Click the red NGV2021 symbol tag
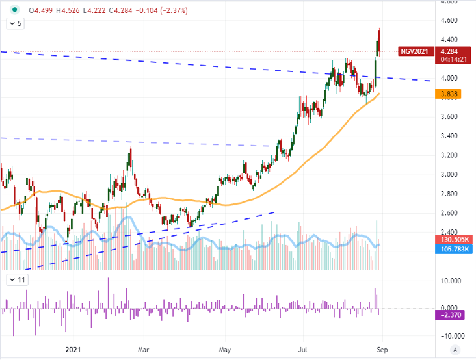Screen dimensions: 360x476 click(415, 51)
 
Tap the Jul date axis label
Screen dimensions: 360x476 click(303, 349)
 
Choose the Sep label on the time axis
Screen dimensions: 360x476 click(382, 349)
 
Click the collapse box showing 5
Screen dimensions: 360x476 click(16, 24)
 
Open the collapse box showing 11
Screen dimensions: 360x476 click(17, 280)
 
